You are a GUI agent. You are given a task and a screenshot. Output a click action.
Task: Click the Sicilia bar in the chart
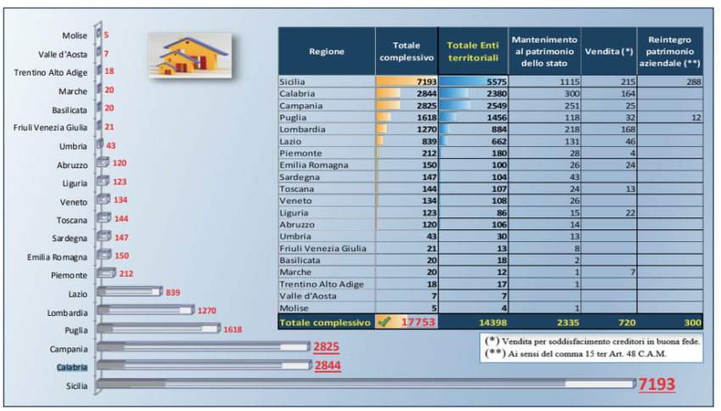click(x=365, y=385)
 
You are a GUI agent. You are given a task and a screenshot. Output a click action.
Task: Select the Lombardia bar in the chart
click(x=145, y=311)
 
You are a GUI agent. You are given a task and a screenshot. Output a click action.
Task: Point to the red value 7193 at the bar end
click(x=657, y=385)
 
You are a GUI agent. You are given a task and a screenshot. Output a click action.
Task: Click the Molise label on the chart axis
click(x=74, y=36)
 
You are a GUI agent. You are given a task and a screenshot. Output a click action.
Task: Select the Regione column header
click(x=327, y=51)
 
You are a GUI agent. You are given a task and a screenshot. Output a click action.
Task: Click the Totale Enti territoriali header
click(x=472, y=51)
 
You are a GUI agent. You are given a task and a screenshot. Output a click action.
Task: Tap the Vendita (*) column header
click(x=608, y=51)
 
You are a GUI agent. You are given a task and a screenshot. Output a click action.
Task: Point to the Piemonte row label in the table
click(x=301, y=152)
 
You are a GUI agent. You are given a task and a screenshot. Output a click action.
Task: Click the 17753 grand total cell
click(x=416, y=323)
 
